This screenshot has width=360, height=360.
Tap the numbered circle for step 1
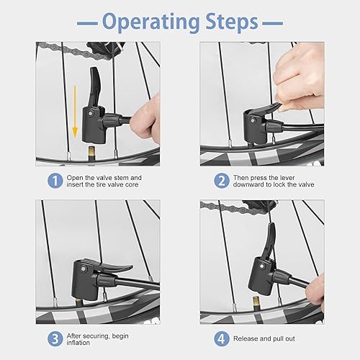55,181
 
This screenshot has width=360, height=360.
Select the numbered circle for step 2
222,181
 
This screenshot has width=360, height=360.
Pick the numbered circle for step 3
55,339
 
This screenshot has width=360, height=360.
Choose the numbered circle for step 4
222,339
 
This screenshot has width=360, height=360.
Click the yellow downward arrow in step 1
75,111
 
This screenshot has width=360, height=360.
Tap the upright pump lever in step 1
95,87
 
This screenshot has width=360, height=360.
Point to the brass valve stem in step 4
256,303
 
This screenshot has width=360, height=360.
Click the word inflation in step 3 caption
78,343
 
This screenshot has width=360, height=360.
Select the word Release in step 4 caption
246,338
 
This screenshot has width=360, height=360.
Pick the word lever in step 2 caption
287,178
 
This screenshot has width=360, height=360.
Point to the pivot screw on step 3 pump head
84,269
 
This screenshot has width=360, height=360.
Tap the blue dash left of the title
87,23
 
